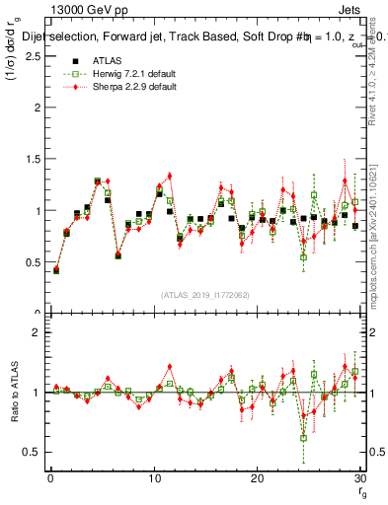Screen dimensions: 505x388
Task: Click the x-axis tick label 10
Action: coord(153,478)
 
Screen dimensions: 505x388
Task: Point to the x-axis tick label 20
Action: coord(257,478)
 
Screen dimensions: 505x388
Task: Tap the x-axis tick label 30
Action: coord(359,478)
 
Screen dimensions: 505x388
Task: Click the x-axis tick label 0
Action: coord(50,478)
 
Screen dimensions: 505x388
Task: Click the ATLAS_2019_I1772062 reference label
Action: coord(204,295)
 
